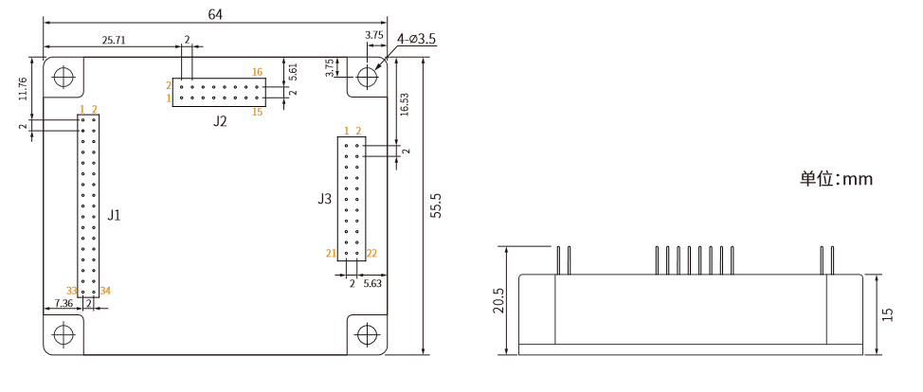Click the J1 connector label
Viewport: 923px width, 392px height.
pos(115,215)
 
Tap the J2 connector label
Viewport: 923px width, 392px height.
pos(220,121)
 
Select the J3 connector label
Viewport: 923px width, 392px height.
pos(324,199)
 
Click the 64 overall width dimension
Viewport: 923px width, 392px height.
pos(215,15)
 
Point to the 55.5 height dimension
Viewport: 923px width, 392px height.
pos(436,205)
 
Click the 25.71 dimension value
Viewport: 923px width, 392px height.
pos(114,40)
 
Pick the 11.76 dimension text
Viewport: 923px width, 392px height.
pos(23,88)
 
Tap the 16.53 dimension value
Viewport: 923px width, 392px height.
pos(405,105)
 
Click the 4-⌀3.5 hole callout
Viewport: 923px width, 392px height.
pos(417,40)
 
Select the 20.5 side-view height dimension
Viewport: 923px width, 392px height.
pos(499,300)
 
